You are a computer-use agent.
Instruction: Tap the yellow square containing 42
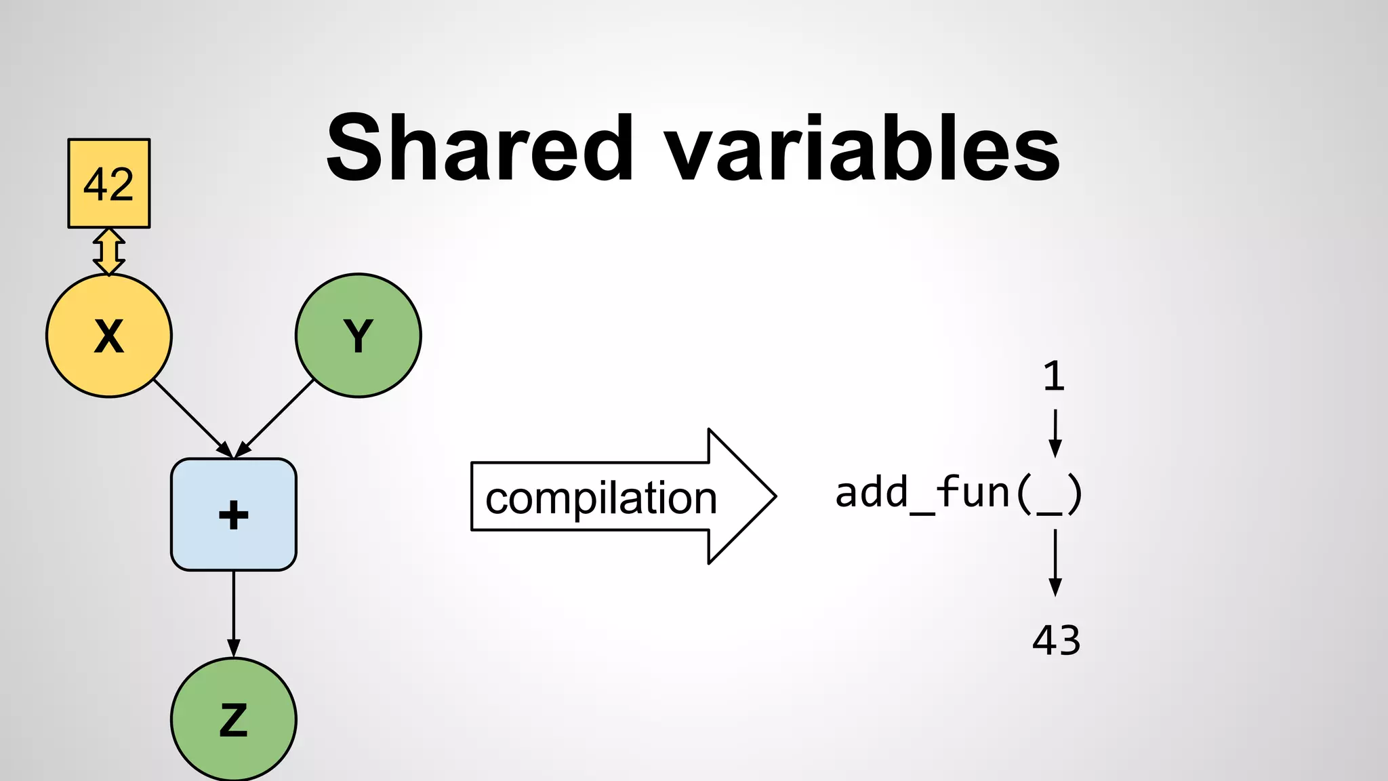(x=108, y=183)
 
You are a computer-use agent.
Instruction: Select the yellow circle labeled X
(x=108, y=336)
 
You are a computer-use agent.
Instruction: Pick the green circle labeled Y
(x=358, y=336)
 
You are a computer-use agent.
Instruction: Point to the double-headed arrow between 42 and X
(x=108, y=252)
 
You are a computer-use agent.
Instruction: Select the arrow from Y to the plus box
(x=275, y=418)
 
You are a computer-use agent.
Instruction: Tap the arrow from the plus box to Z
(x=233, y=614)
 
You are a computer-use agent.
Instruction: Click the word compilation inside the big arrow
(x=600, y=498)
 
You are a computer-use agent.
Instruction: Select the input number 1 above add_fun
(x=1054, y=376)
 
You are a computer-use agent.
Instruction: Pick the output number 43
(x=1056, y=640)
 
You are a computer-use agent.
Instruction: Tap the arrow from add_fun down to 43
(x=1055, y=563)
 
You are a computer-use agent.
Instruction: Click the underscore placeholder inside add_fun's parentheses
(x=1049, y=512)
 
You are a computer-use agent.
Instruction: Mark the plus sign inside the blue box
(x=233, y=515)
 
